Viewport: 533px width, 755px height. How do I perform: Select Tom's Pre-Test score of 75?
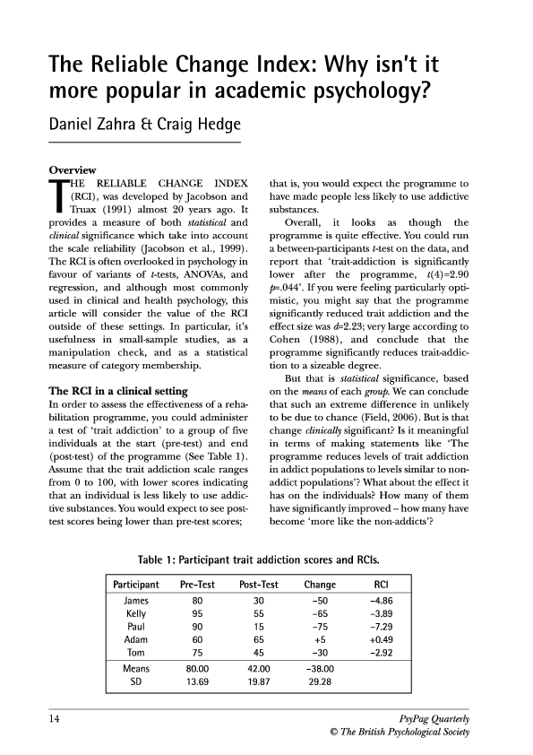[198, 652]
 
